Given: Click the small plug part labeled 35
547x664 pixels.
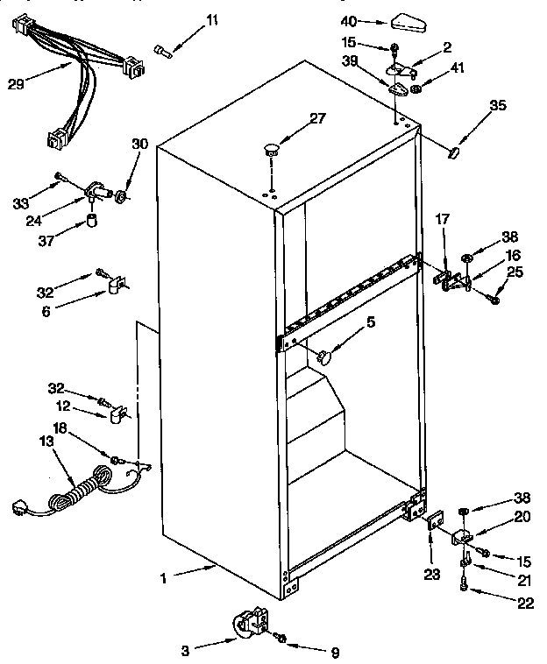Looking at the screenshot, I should pyautogui.click(x=454, y=154).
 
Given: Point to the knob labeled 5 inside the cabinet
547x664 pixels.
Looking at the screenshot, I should pyautogui.click(x=325, y=356).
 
